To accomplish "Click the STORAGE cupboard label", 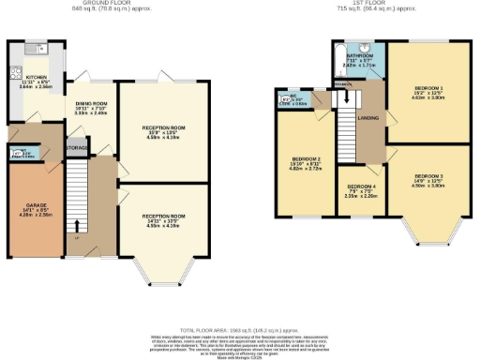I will click(76, 148).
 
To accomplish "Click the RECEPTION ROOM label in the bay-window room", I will click(164, 217).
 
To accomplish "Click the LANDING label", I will click(368, 118).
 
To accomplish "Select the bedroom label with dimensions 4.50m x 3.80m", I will click(428, 177).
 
